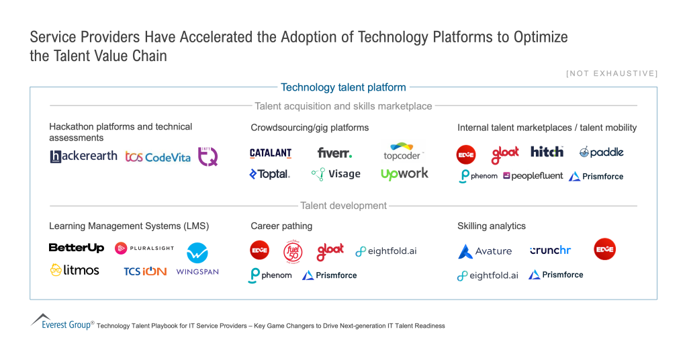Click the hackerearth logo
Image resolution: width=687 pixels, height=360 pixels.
(83, 156)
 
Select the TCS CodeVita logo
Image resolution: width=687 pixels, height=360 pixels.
(158, 157)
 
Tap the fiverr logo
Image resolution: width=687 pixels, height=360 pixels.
(334, 153)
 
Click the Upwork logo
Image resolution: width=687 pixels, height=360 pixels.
(404, 174)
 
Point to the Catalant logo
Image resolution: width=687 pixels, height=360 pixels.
(271, 153)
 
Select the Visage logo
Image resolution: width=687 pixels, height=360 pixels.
(336, 174)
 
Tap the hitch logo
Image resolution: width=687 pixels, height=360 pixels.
(547, 152)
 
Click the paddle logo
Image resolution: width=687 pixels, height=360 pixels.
(602, 152)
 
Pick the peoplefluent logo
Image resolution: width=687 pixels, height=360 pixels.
(533, 176)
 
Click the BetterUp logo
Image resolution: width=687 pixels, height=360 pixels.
(77, 248)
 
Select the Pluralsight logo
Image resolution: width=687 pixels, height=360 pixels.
(144, 248)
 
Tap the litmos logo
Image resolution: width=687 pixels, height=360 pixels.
(75, 270)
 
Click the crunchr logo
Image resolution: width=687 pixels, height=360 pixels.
(550, 251)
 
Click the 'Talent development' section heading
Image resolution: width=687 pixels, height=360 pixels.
(343, 206)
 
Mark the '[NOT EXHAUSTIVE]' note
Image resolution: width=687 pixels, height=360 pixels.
(612, 73)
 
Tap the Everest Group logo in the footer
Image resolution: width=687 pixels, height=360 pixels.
(62, 321)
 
